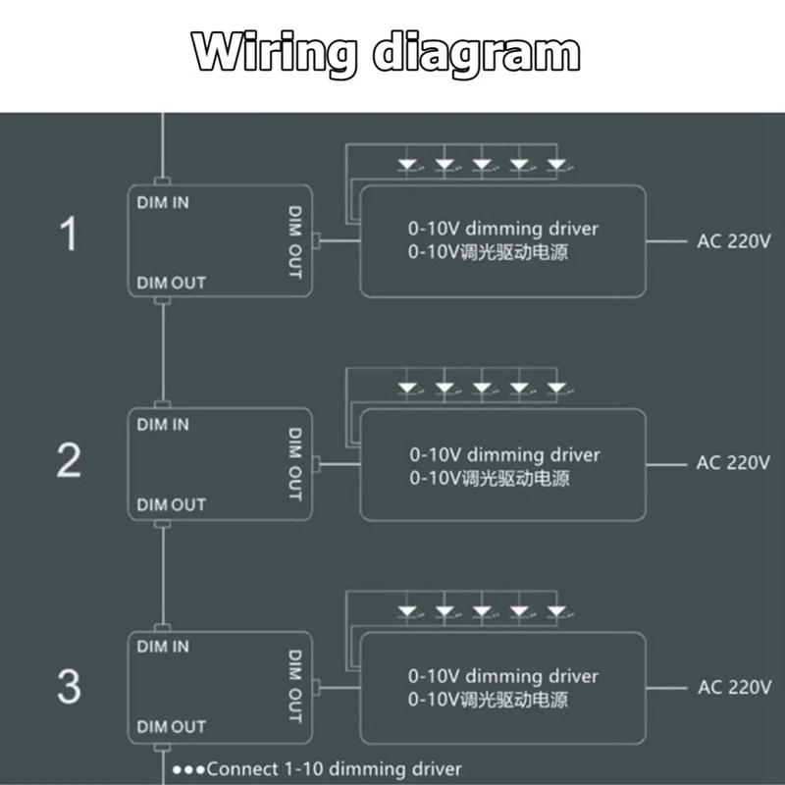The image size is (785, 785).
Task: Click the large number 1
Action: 69,235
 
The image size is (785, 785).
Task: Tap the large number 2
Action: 69,460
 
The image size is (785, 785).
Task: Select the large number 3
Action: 69,686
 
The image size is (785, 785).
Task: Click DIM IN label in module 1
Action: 163,203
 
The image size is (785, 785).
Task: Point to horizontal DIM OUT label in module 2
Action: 171,504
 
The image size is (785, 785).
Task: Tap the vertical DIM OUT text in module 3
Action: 294,685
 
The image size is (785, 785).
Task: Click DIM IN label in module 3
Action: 163,647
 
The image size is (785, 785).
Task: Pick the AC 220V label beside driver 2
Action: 734,463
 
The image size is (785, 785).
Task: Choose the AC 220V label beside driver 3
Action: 734,687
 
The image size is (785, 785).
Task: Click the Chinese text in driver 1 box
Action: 489,253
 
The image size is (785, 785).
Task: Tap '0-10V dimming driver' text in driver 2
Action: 503,455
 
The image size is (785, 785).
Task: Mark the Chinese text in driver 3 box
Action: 489,701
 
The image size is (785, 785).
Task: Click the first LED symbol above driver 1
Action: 408,164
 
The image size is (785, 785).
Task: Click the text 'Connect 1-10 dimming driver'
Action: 334,769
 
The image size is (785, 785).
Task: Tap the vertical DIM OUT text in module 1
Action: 294,241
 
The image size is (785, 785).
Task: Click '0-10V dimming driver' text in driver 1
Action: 503,229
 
